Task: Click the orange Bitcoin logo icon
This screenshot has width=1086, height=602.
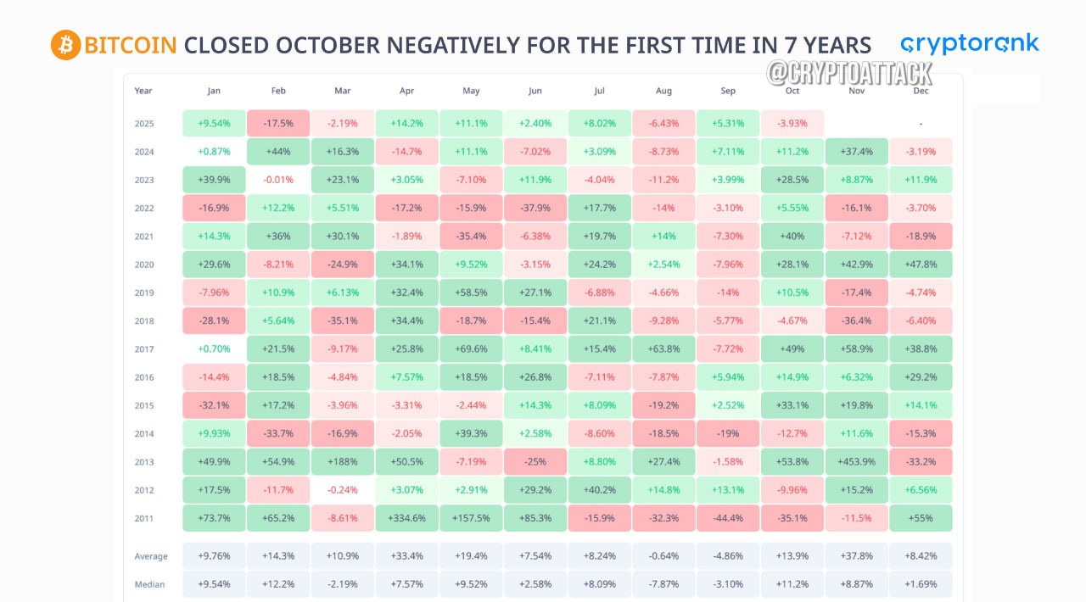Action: (65, 45)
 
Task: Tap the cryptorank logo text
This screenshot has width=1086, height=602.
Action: (970, 45)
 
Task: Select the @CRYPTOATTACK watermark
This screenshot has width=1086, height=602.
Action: (849, 74)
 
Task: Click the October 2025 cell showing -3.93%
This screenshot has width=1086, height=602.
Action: (792, 123)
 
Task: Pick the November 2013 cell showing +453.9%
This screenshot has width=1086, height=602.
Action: (857, 461)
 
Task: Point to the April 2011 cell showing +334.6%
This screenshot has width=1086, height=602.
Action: (406, 518)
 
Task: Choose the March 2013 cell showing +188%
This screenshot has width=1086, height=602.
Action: (342, 461)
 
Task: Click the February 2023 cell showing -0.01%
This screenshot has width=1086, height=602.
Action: (278, 180)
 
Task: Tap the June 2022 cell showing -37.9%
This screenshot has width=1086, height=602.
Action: (535, 208)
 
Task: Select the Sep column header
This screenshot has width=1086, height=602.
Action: (728, 91)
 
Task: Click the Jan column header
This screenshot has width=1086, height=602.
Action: (214, 91)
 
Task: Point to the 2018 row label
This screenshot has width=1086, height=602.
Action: (144, 321)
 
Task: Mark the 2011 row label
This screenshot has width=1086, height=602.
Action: (144, 518)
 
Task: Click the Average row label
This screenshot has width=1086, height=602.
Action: (151, 556)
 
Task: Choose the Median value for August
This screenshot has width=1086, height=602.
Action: (663, 584)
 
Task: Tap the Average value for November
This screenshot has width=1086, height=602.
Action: (857, 556)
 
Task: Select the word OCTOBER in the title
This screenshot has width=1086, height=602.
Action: (328, 46)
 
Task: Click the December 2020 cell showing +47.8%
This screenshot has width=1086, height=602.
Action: (921, 265)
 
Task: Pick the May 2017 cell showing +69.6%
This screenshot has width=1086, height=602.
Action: (471, 349)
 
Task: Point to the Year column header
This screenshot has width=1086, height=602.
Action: (143, 91)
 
